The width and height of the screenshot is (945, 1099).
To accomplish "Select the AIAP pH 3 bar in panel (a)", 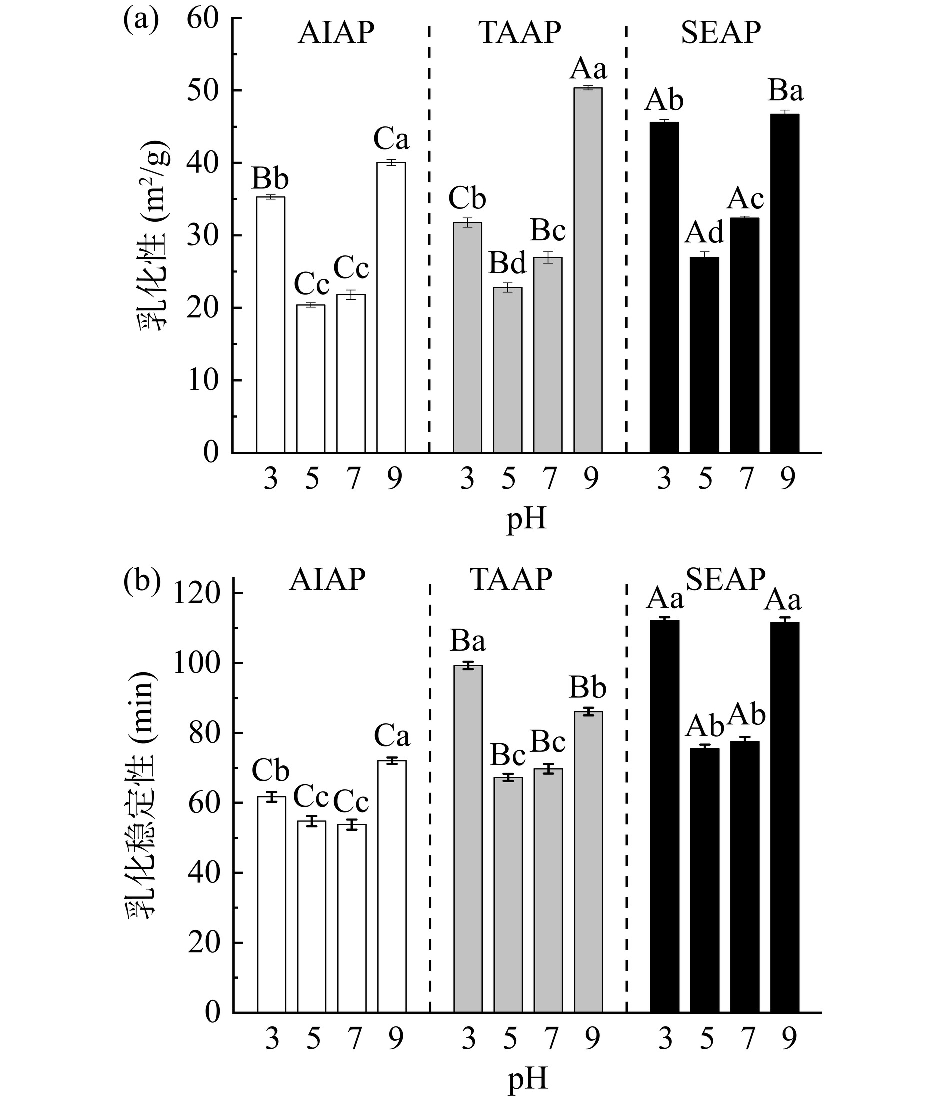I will [271, 324].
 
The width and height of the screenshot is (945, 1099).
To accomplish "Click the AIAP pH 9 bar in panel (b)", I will [392, 886].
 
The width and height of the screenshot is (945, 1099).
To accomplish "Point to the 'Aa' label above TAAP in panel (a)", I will [588, 69].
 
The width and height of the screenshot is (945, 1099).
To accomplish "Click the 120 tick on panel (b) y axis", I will [198, 594].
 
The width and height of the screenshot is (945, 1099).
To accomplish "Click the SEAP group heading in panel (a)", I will [720, 33].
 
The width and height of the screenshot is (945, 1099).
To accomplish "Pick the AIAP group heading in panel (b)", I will [327, 580].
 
